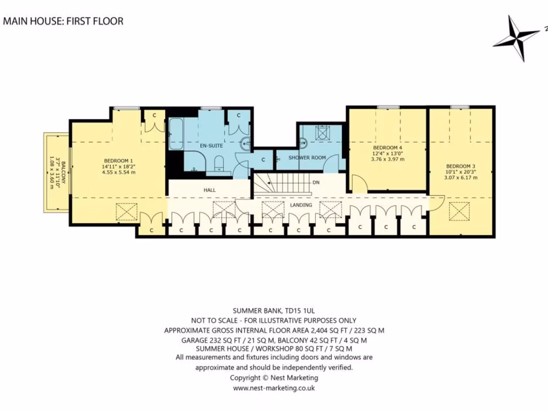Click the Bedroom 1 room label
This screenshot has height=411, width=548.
pyautogui.click(x=118, y=161)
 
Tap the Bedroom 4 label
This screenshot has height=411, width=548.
pyautogui.click(x=387, y=148)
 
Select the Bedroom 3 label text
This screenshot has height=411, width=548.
pyautogui.click(x=461, y=166)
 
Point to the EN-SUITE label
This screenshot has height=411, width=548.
pyautogui.click(x=211, y=146)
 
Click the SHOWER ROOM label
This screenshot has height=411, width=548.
pyautogui.click(x=307, y=158)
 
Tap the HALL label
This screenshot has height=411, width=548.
pyautogui.click(x=209, y=190)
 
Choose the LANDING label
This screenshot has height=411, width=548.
pyautogui.click(x=301, y=205)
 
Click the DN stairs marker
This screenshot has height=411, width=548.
pyautogui.click(x=316, y=182)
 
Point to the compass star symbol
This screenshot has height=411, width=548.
pyautogui.click(x=516, y=37)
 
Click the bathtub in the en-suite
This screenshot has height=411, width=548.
pyautogui.click(x=176, y=134)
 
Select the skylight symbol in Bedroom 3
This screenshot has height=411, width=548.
pyautogui.click(x=459, y=212)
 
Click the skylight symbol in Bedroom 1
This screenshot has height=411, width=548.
pyautogui.click(x=126, y=212)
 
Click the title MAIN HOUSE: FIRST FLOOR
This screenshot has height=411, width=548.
pyautogui.click(x=63, y=21)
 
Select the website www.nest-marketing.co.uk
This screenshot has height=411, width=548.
pyautogui.click(x=274, y=388)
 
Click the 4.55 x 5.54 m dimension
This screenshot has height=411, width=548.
pyautogui.click(x=118, y=172)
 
